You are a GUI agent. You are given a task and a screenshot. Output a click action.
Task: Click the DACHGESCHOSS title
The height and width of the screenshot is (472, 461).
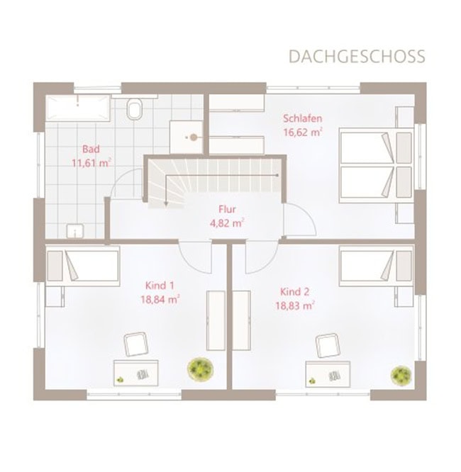tap(357, 56)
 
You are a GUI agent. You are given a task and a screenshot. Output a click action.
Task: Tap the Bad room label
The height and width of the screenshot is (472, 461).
tap(91, 149)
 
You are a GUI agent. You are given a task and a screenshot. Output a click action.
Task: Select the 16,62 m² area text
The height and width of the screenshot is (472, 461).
tap(303, 132)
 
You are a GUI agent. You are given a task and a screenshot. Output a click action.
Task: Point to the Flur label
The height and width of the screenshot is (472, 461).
tap(227, 209)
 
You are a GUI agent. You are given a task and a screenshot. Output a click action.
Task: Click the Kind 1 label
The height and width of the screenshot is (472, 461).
tap(160, 286)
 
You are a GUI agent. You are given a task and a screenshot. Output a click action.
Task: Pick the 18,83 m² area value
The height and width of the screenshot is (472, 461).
tap(295, 306)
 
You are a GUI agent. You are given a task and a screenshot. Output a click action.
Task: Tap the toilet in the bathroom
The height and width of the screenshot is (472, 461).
tap(134, 108)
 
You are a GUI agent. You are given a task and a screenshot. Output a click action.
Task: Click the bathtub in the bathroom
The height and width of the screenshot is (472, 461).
tap(78, 108)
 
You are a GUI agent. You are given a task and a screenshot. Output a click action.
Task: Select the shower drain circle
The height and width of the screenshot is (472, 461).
tap(194, 137)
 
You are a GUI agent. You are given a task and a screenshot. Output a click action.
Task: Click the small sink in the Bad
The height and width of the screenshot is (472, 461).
tap(75, 231)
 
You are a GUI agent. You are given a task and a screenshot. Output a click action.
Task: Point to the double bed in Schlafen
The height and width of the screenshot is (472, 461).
tap(376, 166)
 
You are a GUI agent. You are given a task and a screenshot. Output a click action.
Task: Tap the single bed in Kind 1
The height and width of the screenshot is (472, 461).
tap(82, 266)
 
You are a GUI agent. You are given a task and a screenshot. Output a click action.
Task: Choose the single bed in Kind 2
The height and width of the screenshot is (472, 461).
tap(376, 266)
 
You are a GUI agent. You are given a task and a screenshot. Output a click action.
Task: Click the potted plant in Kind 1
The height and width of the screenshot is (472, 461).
tap(201, 369)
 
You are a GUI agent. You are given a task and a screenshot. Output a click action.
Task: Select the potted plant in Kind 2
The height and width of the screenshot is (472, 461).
tap(401, 375)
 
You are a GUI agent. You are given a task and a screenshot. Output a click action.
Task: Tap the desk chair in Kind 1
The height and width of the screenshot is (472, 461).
tap(136, 344)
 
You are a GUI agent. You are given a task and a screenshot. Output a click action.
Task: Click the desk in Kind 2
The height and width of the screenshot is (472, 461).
tap(328, 374)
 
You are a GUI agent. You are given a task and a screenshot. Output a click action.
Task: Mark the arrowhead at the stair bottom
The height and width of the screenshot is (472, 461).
tap(166, 204)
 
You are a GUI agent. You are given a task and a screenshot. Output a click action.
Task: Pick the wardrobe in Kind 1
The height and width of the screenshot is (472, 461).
tap(216, 320)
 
